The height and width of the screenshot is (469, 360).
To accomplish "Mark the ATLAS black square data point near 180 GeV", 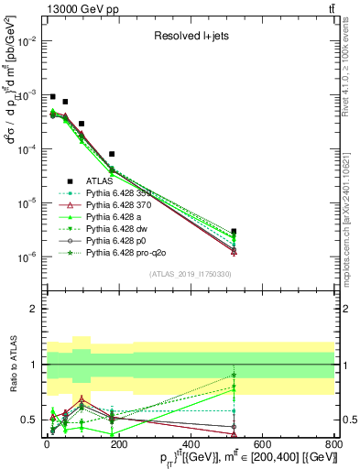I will tap(112, 154).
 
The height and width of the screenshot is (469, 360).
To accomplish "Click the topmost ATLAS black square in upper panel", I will tap(52, 96).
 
